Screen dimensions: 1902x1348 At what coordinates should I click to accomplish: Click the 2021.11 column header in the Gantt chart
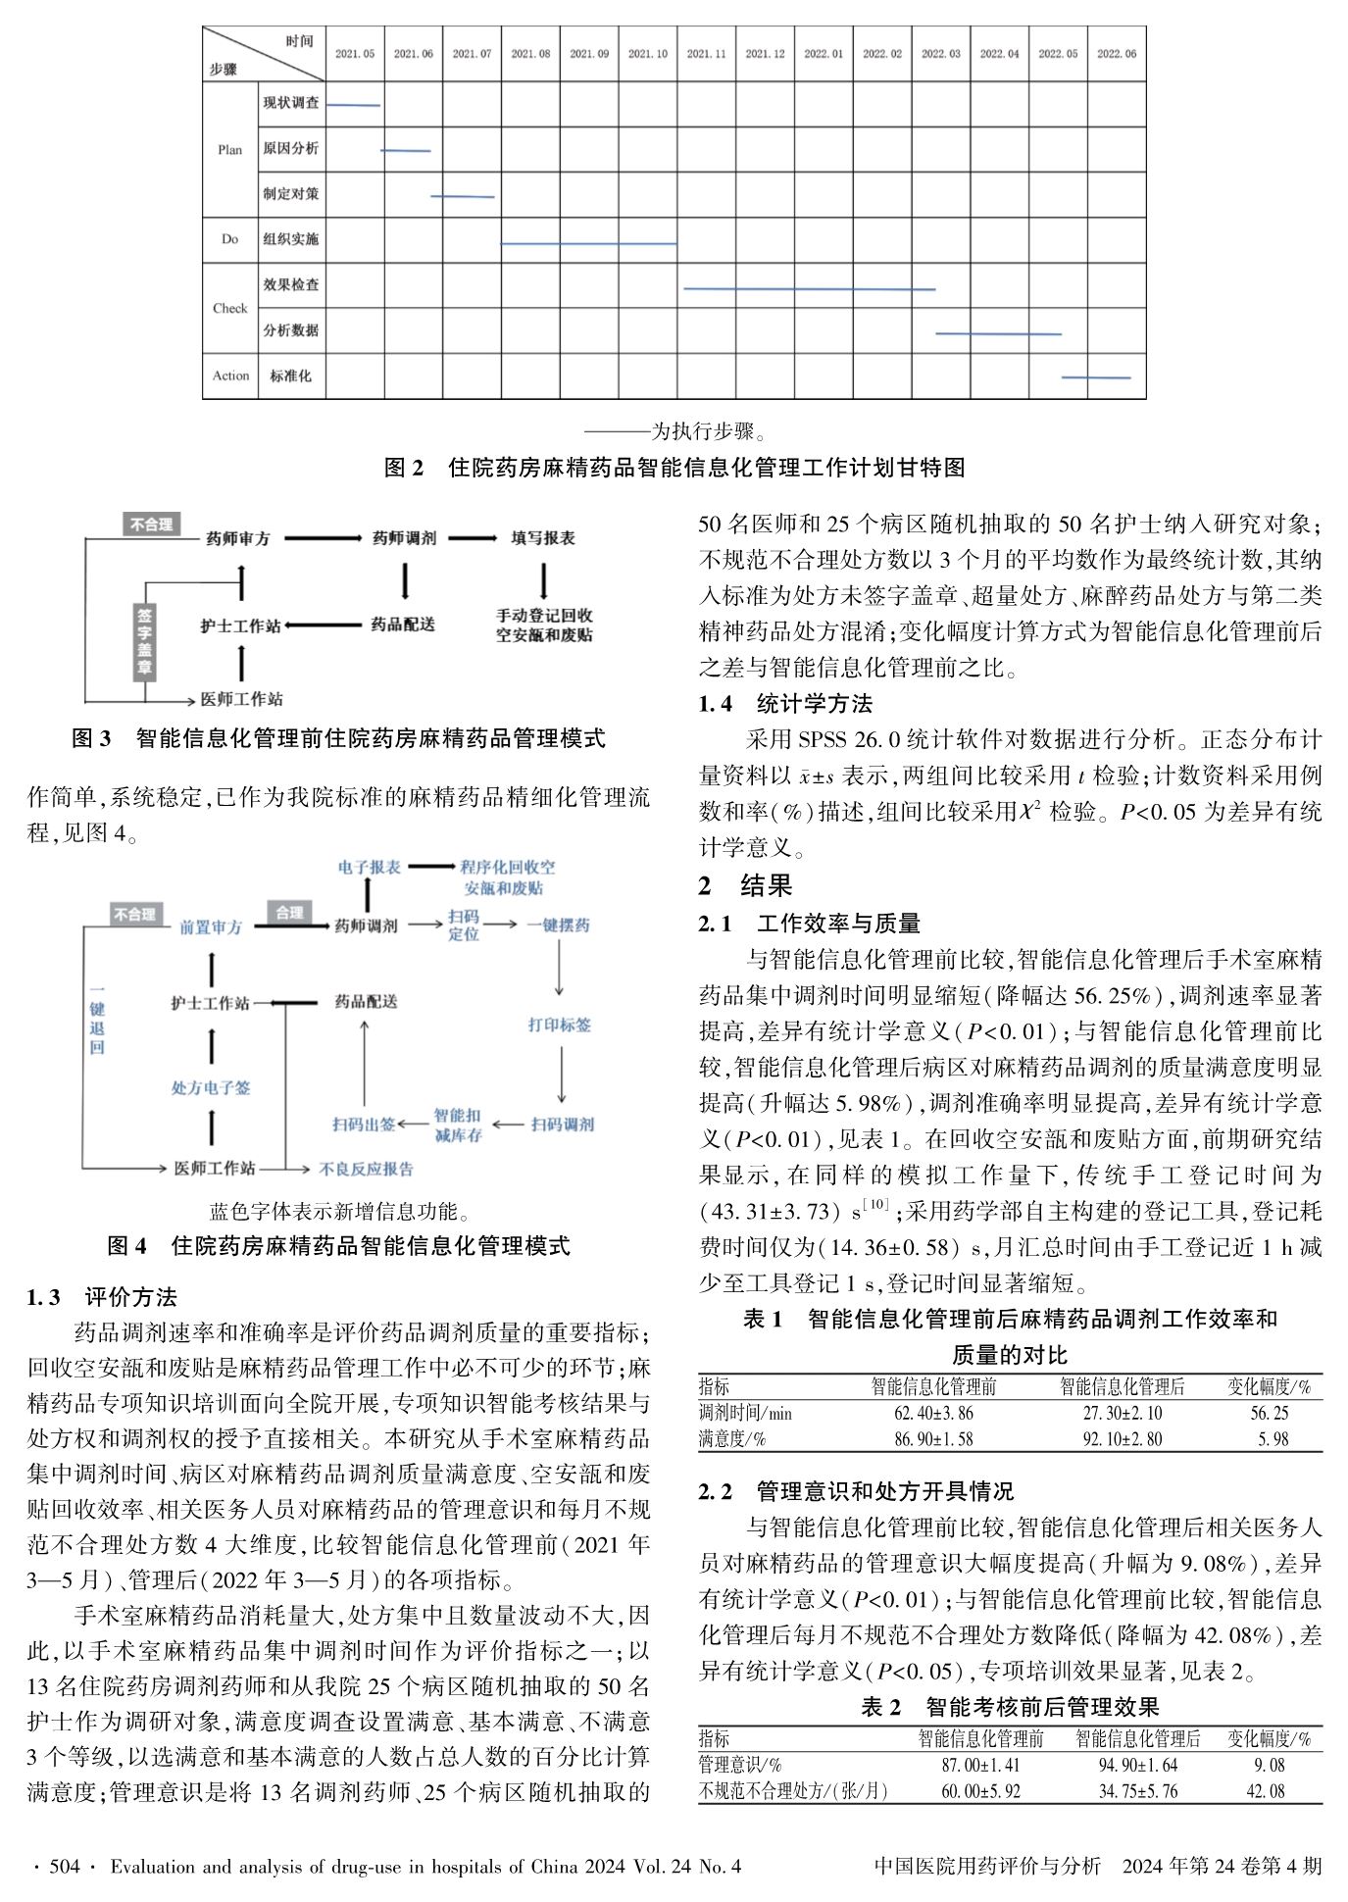click(x=706, y=54)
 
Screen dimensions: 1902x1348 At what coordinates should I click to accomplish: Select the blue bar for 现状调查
click(x=353, y=105)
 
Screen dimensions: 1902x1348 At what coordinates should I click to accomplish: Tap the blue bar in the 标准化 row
click(x=1096, y=377)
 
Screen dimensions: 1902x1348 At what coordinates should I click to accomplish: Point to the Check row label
click(x=230, y=308)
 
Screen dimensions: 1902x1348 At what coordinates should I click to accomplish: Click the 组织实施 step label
click(x=290, y=239)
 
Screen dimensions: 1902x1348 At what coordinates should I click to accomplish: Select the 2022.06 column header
click(x=1117, y=54)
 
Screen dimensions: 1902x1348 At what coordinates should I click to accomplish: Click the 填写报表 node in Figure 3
click(x=543, y=538)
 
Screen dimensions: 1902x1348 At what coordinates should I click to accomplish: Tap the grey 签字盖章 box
click(x=145, y=642)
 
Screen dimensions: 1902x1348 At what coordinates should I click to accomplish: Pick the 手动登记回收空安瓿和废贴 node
click(x=544, y=626)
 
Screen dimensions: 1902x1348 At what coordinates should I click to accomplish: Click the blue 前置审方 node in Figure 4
click(x=210, y=926)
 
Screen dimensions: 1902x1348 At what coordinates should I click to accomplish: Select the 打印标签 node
click(x=560, y=1025)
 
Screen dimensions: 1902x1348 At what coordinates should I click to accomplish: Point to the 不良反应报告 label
click(x=367, y=1169)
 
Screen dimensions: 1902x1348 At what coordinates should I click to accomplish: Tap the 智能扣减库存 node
click(x=458, y=1125)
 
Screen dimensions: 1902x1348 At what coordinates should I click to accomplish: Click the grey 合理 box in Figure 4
click(x=289, y=913)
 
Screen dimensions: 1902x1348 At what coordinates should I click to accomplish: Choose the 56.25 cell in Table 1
click(x=1269, y=1413)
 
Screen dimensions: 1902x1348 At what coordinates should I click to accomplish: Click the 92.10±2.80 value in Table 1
click(x=1122, y=1439)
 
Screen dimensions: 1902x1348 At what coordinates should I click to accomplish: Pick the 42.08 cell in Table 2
click(x=1269, y=1791)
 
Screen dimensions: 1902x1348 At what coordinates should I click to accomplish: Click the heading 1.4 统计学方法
click(x=785, y=703)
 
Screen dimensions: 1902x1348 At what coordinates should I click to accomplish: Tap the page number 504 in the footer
click(x=64, y=1867)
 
